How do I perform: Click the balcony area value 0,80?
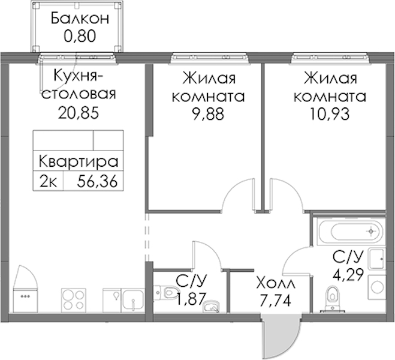80,36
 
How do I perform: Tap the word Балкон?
80,19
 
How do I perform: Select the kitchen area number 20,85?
79,113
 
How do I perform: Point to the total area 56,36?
97,181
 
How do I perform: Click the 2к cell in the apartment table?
48,181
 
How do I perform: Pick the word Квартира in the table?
79,161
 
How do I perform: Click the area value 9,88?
208,114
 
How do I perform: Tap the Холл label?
275,283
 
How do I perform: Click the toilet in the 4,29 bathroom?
333,298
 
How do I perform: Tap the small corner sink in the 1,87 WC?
212,307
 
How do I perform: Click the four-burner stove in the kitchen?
74,301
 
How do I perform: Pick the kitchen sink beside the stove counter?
132,301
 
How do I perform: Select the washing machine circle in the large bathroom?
377,287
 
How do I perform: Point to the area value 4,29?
348,274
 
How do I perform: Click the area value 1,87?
191,299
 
